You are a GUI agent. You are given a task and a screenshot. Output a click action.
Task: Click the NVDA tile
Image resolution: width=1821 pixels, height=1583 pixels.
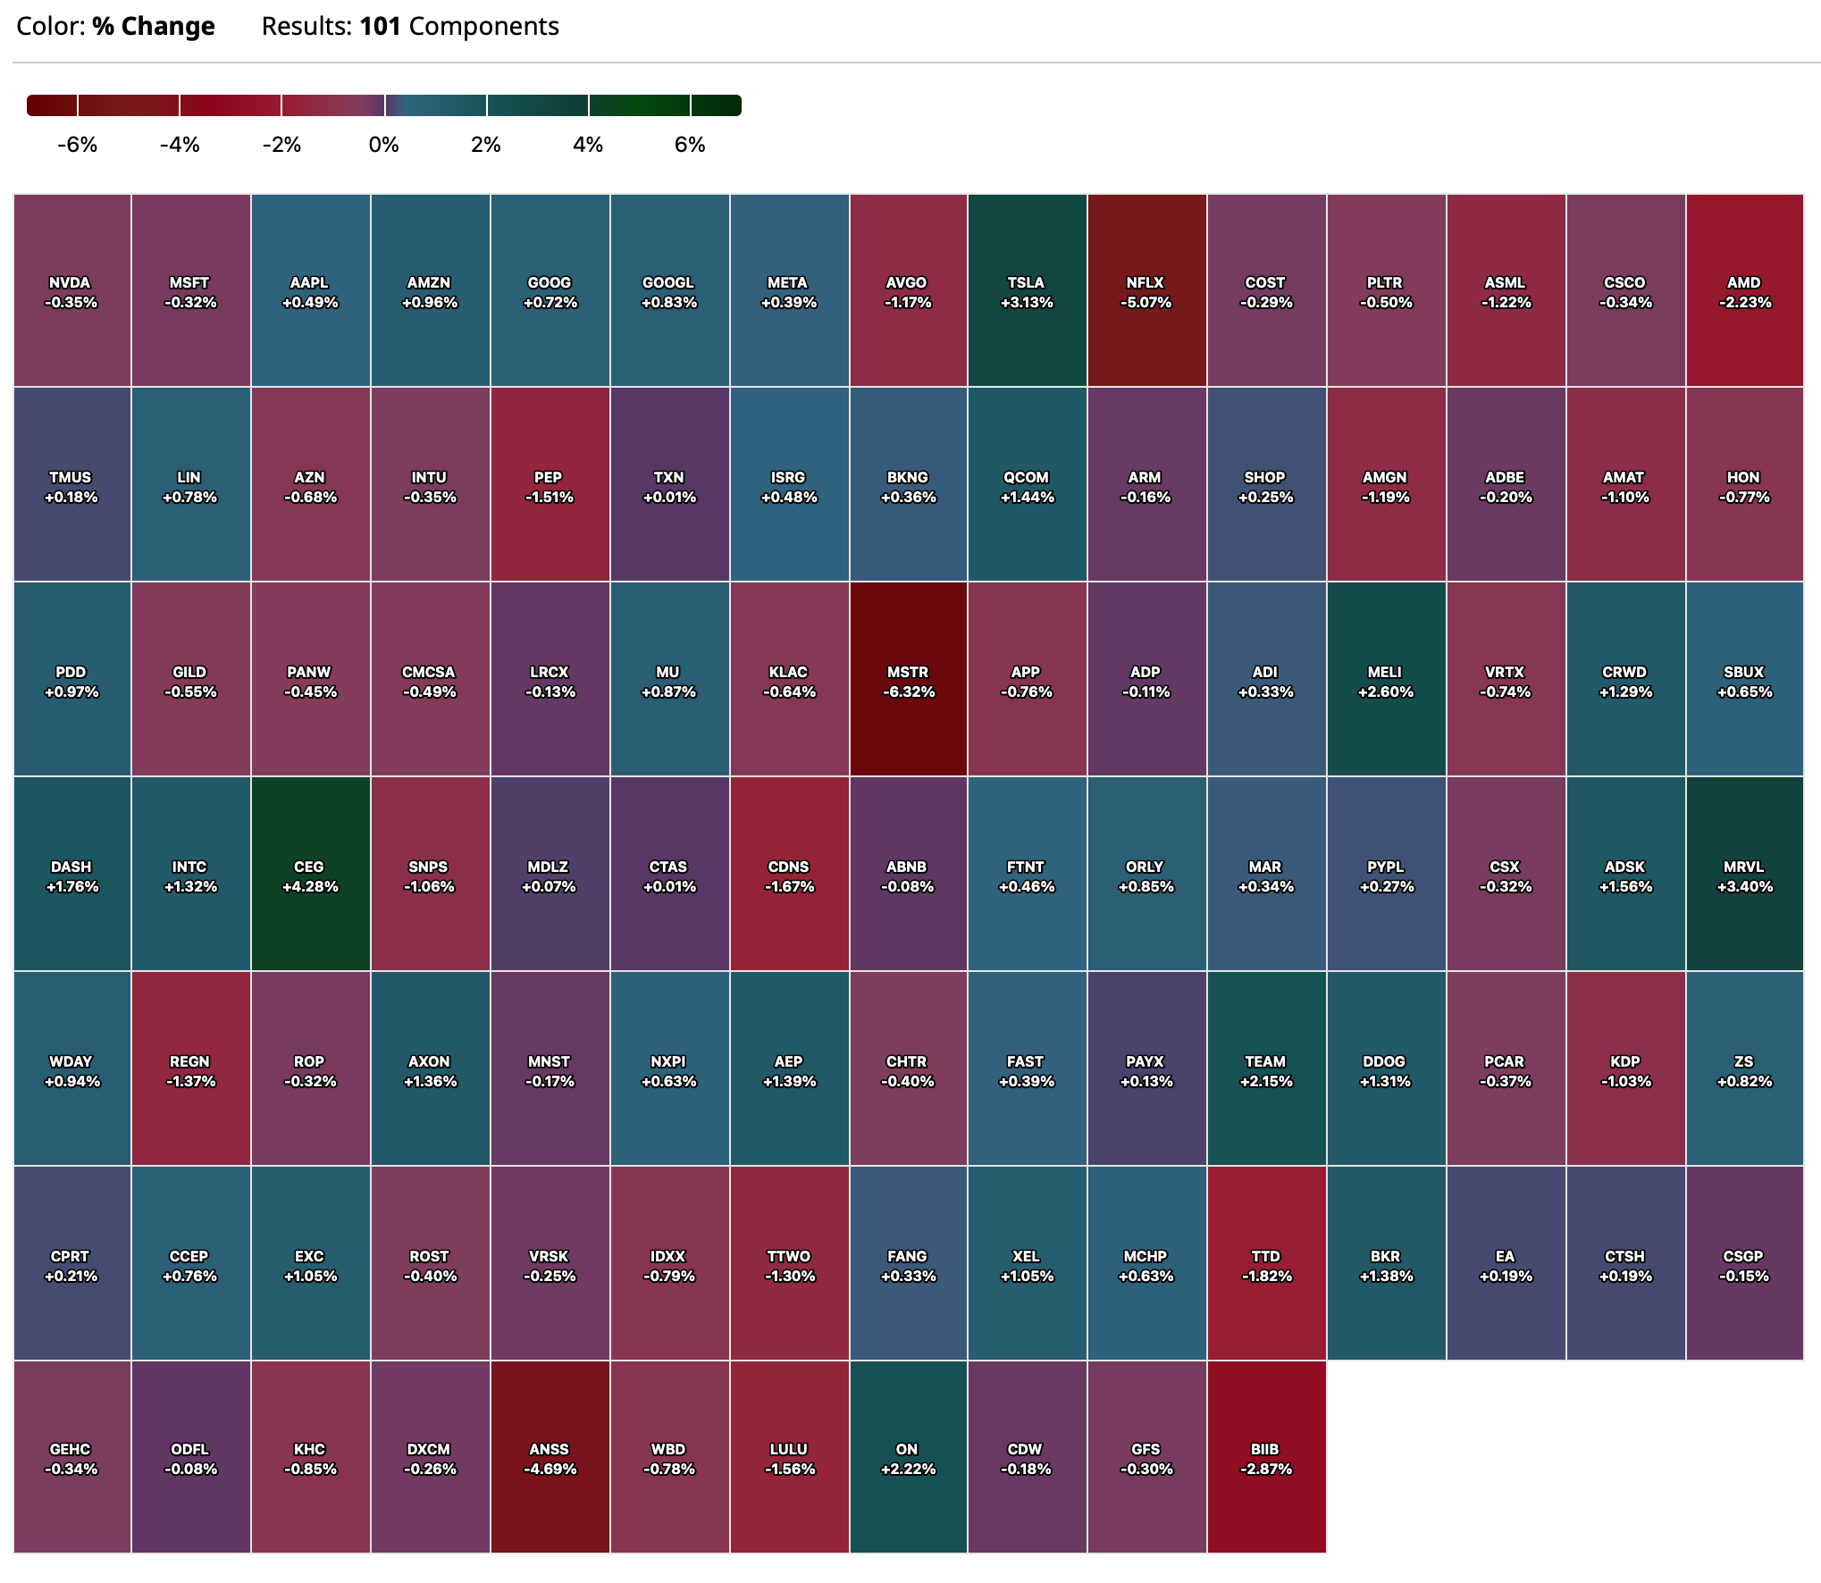tap(71, 291)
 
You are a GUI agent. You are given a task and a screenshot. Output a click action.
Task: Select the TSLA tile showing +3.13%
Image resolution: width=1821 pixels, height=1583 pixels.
tap(1027, 291)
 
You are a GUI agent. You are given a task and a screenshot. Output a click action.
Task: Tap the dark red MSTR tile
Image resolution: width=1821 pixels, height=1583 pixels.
tap(908, 681)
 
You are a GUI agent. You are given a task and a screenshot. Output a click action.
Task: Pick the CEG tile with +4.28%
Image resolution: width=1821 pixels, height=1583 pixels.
tap(309, 875)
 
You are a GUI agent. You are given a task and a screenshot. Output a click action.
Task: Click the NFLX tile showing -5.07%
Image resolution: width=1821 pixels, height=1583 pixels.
tap(1146, 291)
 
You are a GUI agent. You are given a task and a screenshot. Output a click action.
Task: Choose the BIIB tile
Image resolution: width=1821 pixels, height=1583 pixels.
tap(1266, 1458)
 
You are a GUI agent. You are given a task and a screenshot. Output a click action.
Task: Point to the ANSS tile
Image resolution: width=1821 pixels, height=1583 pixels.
tap(550, 1458)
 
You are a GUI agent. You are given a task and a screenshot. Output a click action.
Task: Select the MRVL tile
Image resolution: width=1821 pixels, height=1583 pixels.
tap(1744, 875)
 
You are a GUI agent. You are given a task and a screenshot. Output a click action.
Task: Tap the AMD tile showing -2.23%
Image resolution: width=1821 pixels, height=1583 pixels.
tap(1744, 291)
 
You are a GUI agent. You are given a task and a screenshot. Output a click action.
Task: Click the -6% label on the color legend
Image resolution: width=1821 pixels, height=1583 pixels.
tap(77, 145)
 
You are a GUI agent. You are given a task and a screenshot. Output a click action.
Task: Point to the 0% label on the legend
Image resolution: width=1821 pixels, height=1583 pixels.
tap(383, 145)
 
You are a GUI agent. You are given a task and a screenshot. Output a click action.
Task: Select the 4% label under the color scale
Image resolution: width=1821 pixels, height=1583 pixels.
tap(588, 145)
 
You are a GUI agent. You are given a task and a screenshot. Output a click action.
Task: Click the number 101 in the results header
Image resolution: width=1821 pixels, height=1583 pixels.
tap(380, 27)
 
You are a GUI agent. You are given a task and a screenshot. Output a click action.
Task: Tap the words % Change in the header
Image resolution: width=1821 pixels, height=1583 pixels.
tap(153, 27)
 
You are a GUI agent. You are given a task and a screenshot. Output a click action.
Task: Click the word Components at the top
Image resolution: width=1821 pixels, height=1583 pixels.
tap(483, 27)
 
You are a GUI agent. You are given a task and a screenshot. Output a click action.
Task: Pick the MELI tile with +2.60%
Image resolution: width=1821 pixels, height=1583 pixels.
tap(1385, 681)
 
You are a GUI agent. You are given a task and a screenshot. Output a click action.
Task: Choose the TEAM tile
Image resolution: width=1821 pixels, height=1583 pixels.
tap(1266, 1070)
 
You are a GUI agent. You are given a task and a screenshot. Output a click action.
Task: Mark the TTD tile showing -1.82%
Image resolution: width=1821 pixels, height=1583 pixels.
tap(1266, 1265)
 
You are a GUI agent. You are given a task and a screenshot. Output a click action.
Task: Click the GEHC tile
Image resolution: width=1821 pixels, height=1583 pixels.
tap(71, 1458)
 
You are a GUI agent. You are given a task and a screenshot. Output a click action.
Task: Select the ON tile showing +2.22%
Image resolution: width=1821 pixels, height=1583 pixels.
tap(908, 1458)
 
